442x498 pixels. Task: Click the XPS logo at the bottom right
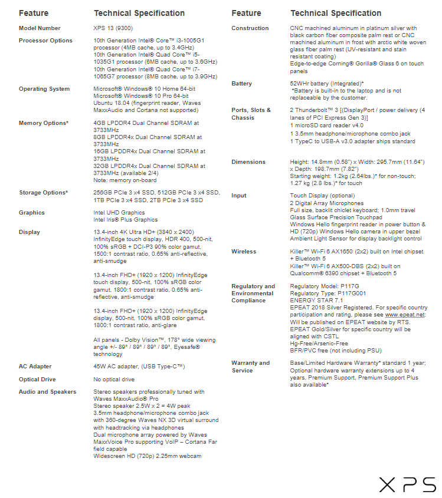[x=407, y=484]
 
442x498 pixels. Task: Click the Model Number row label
[x=40, y=28]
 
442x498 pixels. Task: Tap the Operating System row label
[x=44, y=89]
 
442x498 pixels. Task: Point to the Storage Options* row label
[x=43, y=193]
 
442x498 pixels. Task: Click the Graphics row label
[x=32, y=213]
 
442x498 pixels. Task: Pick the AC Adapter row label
[x=35, y=367]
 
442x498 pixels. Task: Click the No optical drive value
[x=114, y=380]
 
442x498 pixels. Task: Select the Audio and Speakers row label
[x=47, y=392]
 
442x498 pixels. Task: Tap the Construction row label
[x=250, y=28]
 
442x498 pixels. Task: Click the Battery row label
[x=242, y=84]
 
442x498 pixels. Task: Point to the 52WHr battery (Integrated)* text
[x=326, y=84]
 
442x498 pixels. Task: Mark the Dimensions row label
[x=248, y=162]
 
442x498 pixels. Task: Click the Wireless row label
[x=244, y=252]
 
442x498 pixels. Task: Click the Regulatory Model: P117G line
[x=325, y=286]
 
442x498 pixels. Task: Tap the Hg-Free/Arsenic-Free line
[x=319, y=344]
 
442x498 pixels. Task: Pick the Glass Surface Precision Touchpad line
[x=336, y=217]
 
